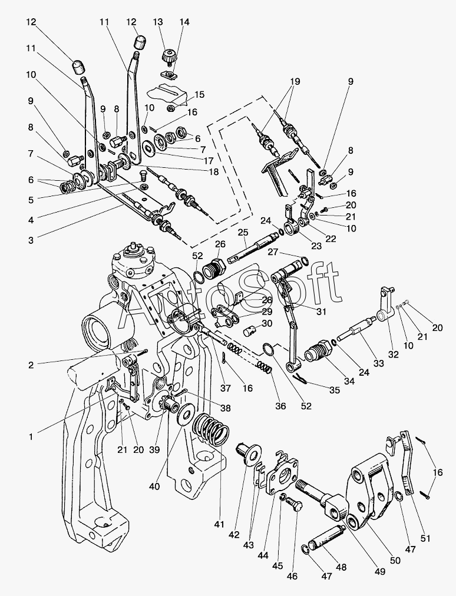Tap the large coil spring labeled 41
coord(211,429)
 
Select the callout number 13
coord(157,22)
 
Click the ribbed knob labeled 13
coord(167,57)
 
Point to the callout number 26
coord(220,244)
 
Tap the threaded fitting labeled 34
coord(317,349)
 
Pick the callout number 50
coord(395,560)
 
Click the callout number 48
coord(341,567)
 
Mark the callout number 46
coord(292,576)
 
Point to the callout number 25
coord(243,232)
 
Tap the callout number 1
coord(31,437)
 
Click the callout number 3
coord(31,240)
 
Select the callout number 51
coord(425,539)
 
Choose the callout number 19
coord(295,81)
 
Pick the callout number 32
coord(393,355)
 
